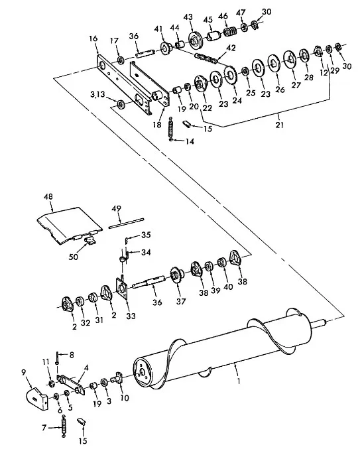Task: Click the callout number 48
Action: (48, 197)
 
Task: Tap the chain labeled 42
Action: (206, 58)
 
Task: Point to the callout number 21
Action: (280, 125)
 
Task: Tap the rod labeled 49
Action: (126, 222)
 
